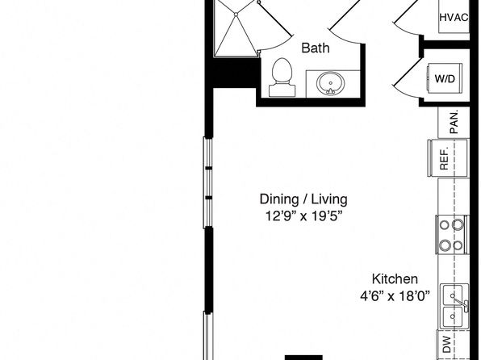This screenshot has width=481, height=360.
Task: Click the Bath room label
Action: pyautogui.click(x=316, y=48)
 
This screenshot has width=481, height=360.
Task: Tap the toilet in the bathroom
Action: pyautogui.click(x=282, y=77)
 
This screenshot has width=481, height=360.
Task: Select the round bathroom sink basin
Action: pyautogui.click(x=331, y=83)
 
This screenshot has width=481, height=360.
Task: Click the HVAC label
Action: pyautogui.click(x=454, y=17)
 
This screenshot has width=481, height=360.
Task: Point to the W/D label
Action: pyautogui.click(x=445, y=79)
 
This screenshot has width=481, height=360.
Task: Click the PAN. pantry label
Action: pyautogui.click(x=454, y=122)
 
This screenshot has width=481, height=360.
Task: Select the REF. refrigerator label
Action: pyautogui.click(x=444, y=158)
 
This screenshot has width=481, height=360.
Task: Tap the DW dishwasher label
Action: pyautogui.click(x=447, y=345)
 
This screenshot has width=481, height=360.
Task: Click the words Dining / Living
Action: pyautogui.click(x=303, y=199)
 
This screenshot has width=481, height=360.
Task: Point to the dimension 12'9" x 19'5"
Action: pyautogui.click(x=303, y=216)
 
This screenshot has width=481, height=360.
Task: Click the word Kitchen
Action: pyautogui.click(x=395, y=279)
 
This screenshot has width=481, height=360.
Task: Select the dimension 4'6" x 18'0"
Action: pyautogui.click(x=395, y=296)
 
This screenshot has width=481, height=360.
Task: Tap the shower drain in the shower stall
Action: pyautogui.click(x=236, y=15)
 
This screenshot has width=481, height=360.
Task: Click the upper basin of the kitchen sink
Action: pyautogui.click(x=453, y=295)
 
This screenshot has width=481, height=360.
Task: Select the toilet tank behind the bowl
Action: pyautogui.click(x=282, y=90)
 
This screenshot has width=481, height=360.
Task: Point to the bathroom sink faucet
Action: pyautogui.click(x=330, y=91)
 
